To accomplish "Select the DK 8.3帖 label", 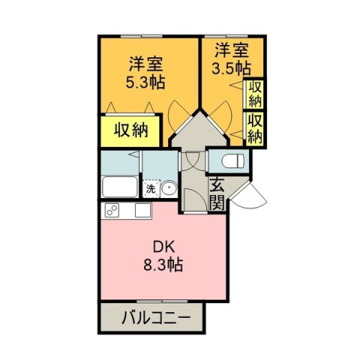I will (163, 256).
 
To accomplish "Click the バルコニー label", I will (151, 318).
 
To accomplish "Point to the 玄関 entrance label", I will (217, 193).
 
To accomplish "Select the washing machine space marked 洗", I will (150, 189).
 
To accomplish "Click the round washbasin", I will (169, 189).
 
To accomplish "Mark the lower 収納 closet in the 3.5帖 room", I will (255, 128).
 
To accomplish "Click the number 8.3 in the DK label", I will (157, 265).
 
